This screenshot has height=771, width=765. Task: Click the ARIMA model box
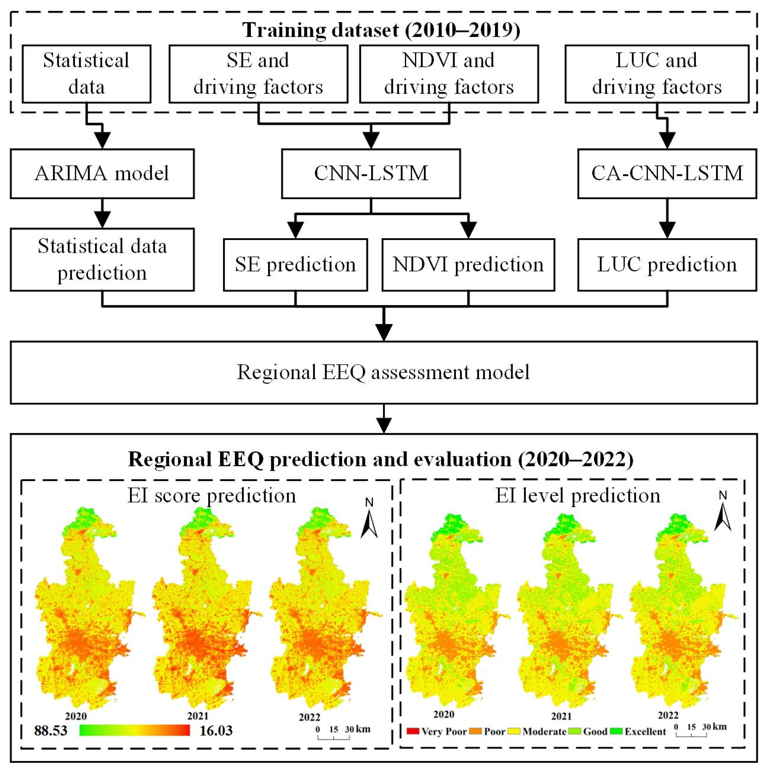[x=102, y=174]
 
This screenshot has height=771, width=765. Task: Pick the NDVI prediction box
[x=468, y=264]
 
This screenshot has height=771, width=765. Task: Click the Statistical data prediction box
[x=102, y=259]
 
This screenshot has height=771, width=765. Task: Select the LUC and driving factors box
[x=657, y=74]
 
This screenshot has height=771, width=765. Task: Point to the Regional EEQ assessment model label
[x=383, y=372]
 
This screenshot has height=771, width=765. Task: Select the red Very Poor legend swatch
[x=413, y=731]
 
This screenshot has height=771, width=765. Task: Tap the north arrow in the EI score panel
[x=369, y=519]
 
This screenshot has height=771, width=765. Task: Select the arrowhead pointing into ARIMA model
[x=103, y=140]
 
